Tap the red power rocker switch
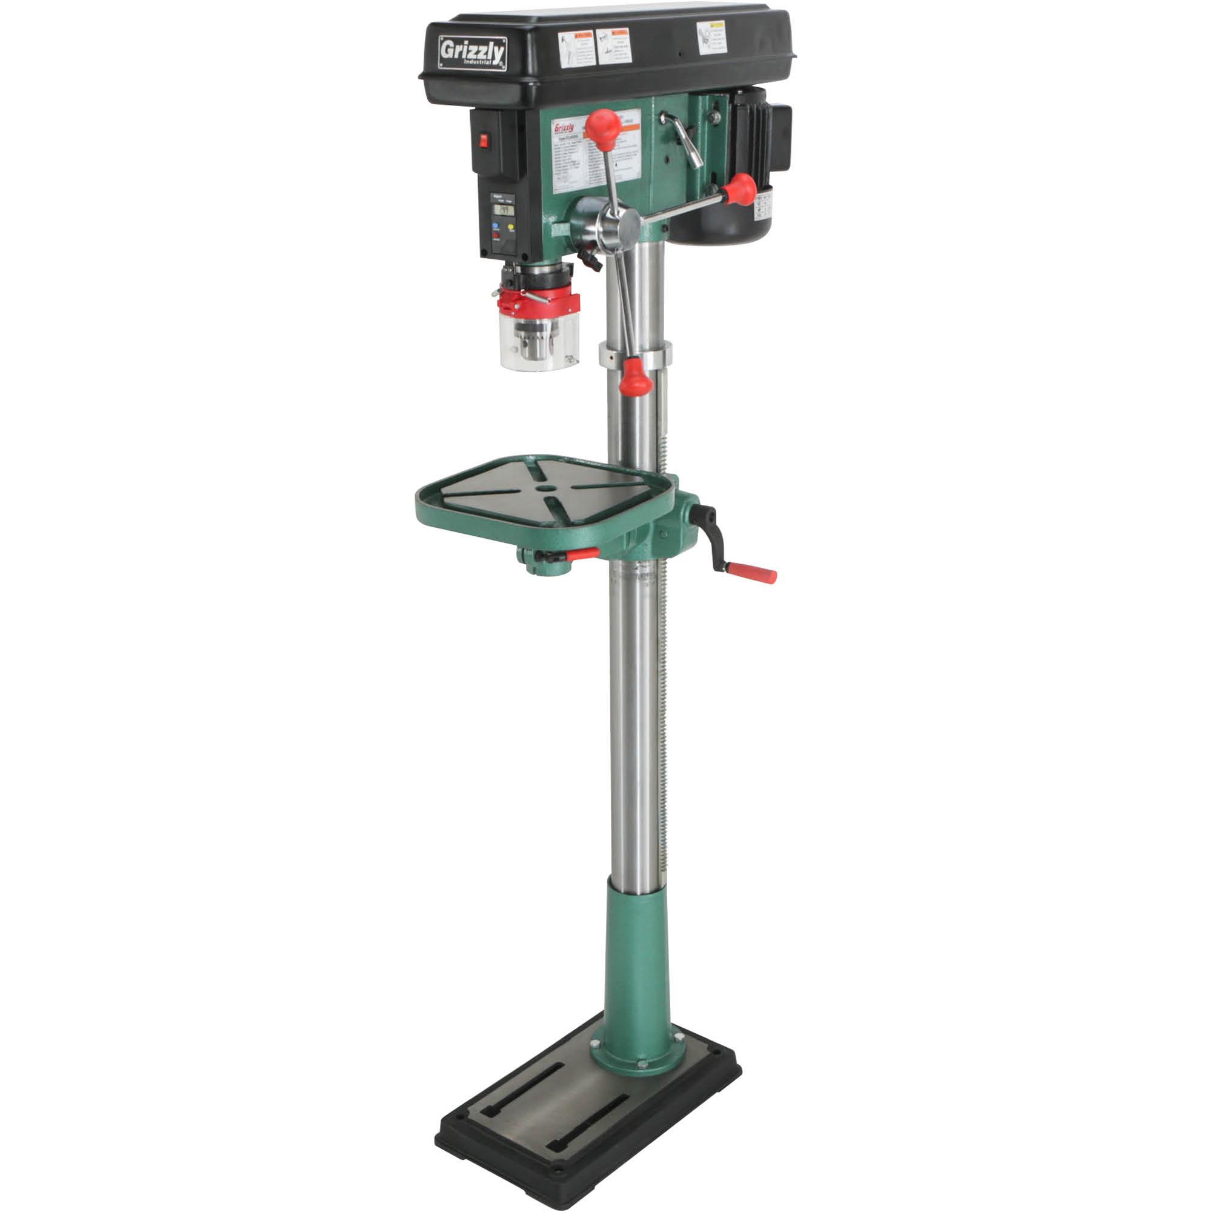pyautogui.click(x=484, y=141)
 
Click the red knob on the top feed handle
pyautogui.click(x=603, y=127)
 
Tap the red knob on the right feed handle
pyautogui.click(x=741, y=189)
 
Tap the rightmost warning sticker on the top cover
pyautogui.click(x=711, y=38)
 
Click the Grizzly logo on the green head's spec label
pyautogui.click(x=564, y=128)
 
